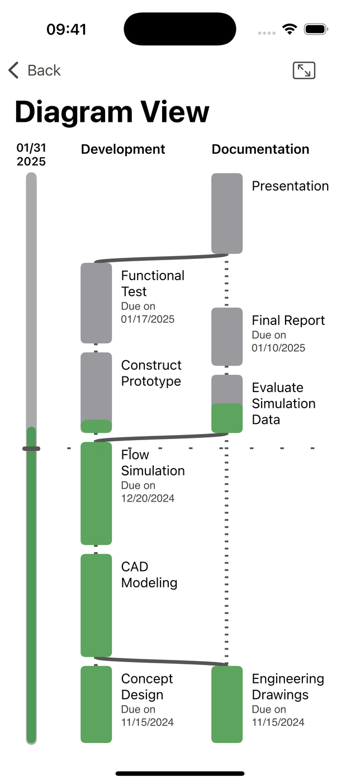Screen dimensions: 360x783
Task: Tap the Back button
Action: coord(34,70)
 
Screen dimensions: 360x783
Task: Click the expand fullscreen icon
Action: coord(304,70)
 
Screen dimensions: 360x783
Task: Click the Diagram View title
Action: coord(112,112)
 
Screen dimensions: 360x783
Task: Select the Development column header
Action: coord(123,149)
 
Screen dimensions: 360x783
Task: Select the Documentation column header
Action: coord(260,149)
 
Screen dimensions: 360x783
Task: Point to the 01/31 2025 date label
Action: coord(31,154)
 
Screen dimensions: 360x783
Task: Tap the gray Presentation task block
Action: coord(227,213)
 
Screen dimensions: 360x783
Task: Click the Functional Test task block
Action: coord(96,303)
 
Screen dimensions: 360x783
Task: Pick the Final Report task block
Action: coord(227,337)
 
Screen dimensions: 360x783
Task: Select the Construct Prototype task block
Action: coord(96,393)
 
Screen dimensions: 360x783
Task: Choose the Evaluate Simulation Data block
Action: coord(227,404)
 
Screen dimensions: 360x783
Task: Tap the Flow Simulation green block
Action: coord(96,493)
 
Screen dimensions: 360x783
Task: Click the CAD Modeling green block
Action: coord(96,605)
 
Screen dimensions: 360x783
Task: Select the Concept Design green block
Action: coord(96,704)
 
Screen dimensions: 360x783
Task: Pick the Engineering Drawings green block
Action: coord(227,704)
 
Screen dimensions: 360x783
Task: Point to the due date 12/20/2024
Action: coord(148,498)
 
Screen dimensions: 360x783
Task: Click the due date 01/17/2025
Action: coord(148,319)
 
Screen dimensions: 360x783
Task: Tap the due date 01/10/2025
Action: coord(278,348)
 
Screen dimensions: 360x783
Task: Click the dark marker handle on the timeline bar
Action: coord(31,449)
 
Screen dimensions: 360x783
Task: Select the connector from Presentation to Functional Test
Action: coord(162,258)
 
